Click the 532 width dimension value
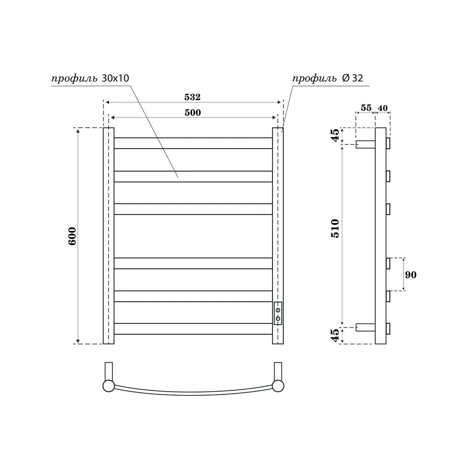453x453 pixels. (192, 97)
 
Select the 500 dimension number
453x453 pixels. (193, 113)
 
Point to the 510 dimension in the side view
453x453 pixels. (335, 229)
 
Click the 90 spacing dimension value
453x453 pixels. (411, 275)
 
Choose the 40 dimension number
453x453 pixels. (383, 108)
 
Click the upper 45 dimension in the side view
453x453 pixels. (335, 135)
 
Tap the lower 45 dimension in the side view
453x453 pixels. (335, 335)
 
